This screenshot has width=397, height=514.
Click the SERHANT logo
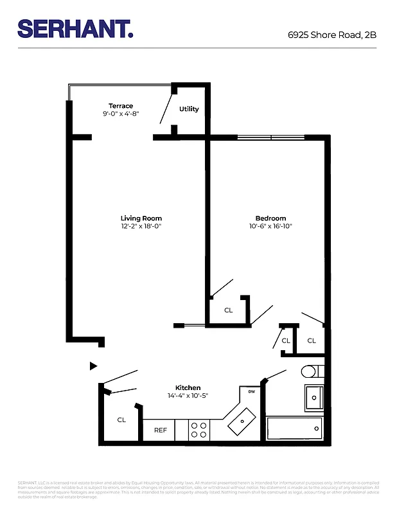75,29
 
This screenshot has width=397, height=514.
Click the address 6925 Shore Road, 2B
332,35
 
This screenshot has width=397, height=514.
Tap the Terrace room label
121,106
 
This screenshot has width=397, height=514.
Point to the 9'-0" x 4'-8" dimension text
121,114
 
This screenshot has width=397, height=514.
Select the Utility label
189,109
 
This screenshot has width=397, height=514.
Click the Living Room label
141,218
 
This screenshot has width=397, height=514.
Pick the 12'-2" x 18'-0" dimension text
141,227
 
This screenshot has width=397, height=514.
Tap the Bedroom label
270,218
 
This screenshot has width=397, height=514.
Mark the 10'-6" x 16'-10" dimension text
270,227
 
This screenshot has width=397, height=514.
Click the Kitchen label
188,388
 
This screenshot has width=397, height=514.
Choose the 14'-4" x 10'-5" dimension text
188,396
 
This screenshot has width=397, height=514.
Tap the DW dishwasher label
251,392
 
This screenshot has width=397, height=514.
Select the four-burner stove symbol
200,430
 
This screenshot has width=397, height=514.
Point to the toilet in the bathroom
310,371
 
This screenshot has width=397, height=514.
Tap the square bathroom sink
313,398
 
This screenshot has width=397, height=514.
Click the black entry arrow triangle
93,366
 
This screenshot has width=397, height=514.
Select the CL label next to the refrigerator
121,420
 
